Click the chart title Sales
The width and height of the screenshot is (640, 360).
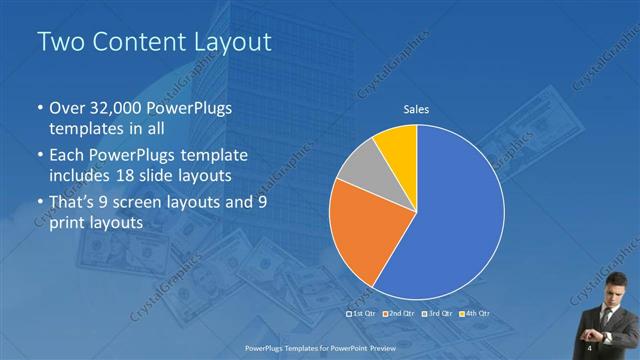pos(416,110)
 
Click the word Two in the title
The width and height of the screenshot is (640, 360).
pos(57,42)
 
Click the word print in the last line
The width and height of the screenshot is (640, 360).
pos(66,222)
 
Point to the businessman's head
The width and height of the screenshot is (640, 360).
pos(607,302)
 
